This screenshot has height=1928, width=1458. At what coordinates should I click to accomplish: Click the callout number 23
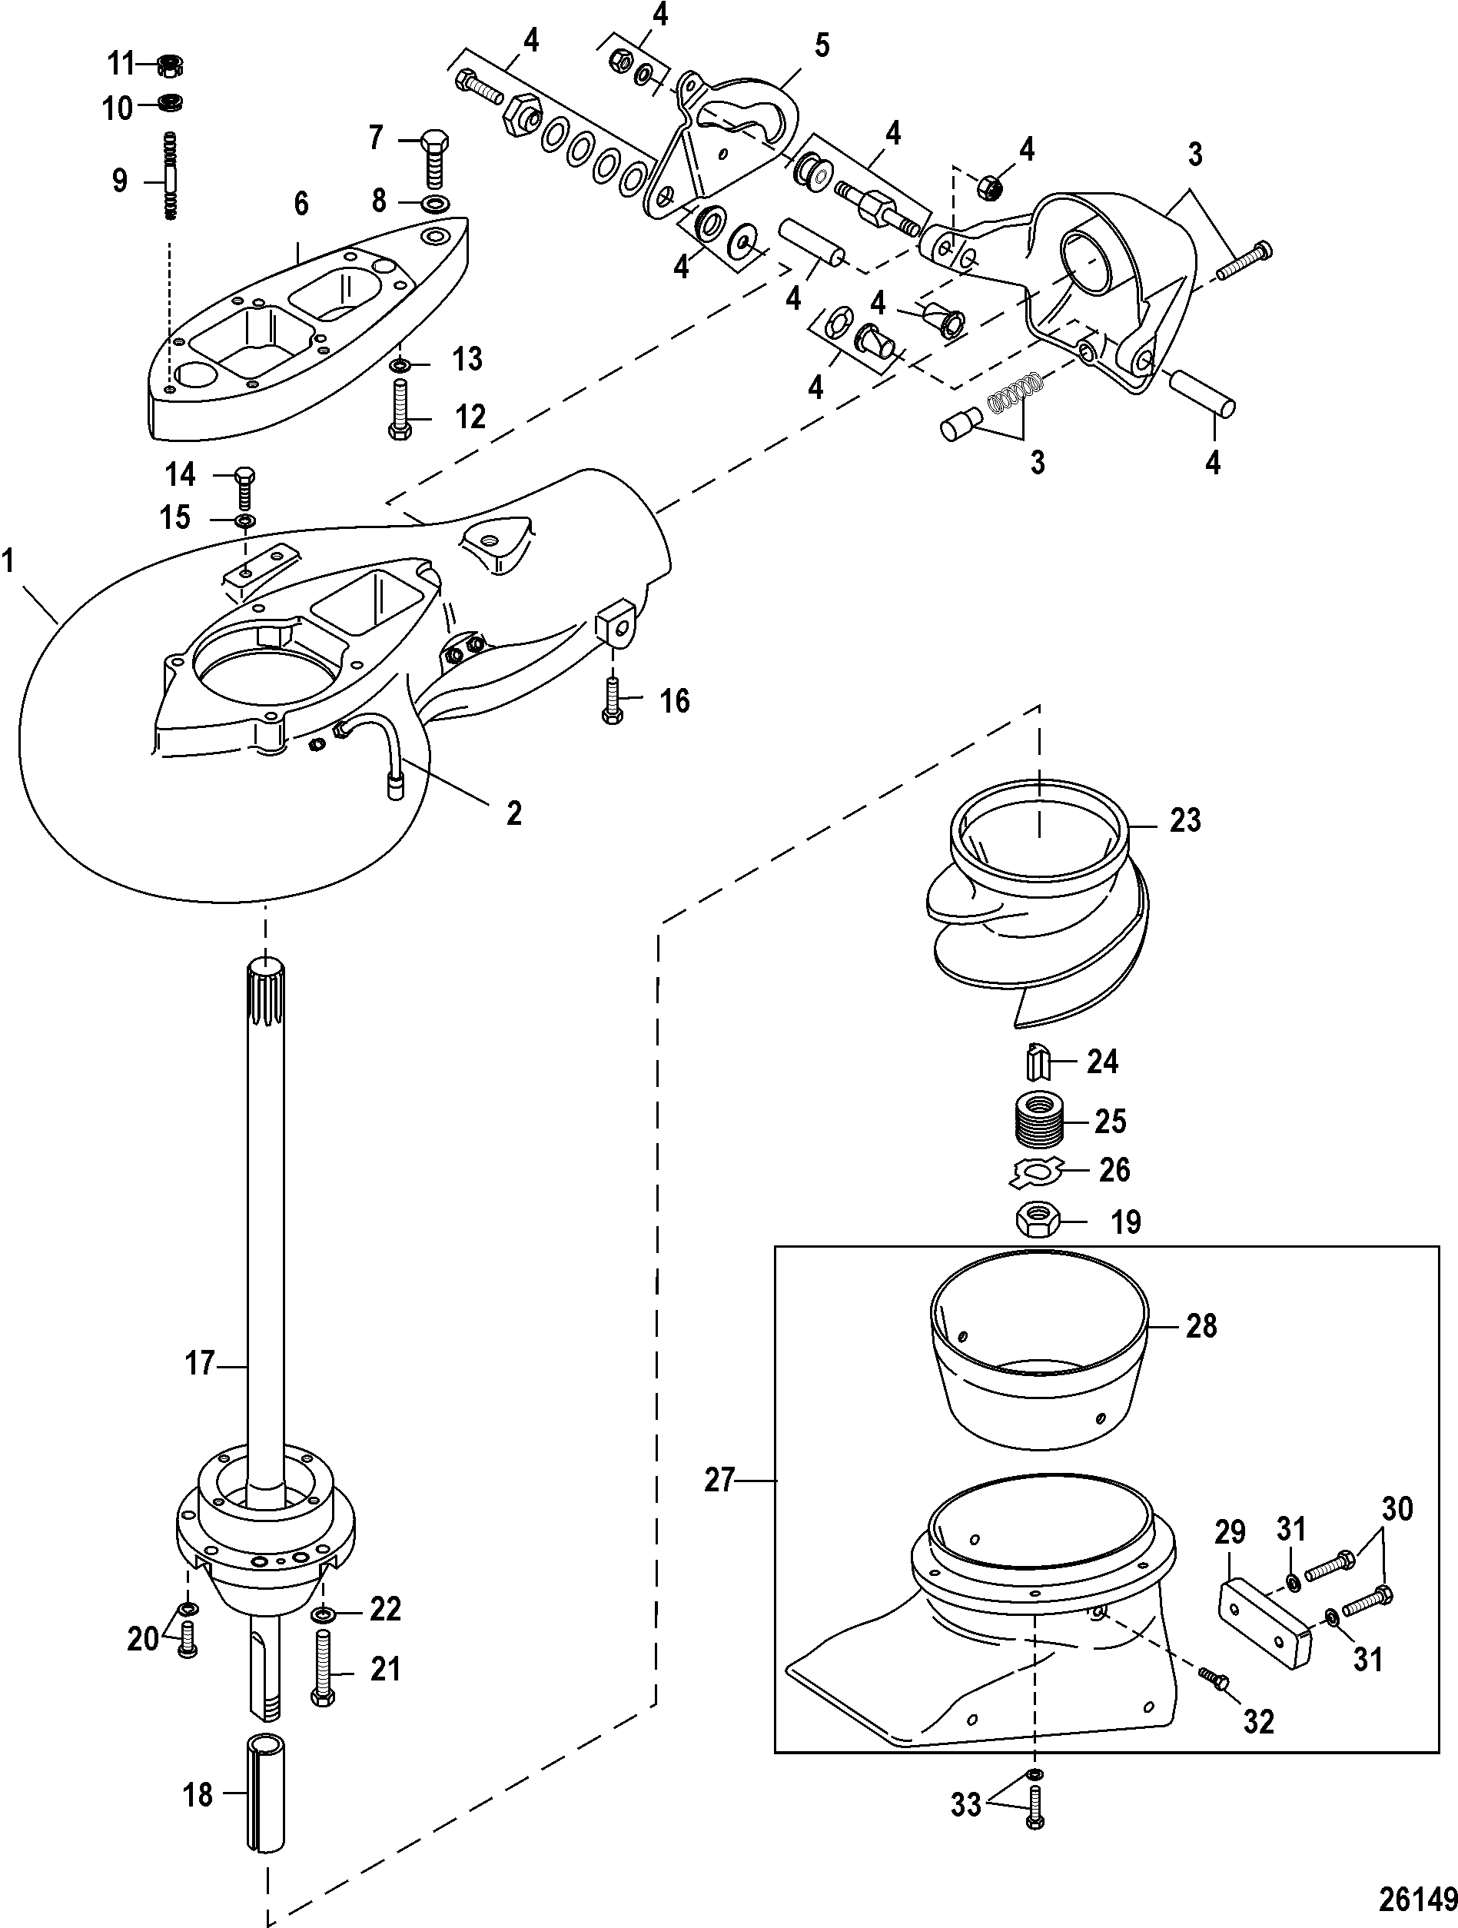coord(1184,820)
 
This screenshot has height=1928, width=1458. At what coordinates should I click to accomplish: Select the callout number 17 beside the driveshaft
coord(200,1364)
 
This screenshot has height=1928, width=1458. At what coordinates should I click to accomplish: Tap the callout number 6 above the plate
coord(301,204)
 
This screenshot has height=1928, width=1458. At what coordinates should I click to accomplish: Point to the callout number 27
coord(720,1480)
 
